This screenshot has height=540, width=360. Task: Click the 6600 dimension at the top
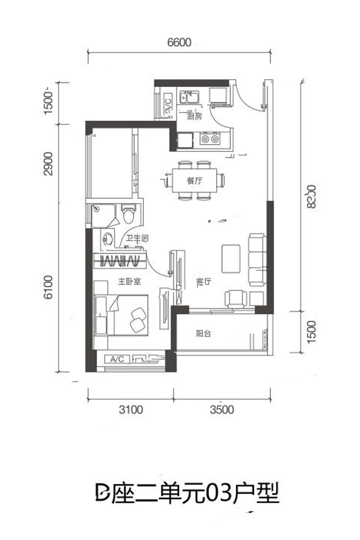click(x=179, y=42)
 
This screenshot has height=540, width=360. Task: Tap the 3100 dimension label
click(x=130, y=409)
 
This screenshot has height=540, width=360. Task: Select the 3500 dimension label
click(x=222, y=409)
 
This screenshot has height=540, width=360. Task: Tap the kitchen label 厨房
click(x=194, y=116)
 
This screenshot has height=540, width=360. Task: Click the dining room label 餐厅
click(x=194, y=181)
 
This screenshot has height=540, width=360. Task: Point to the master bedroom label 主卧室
click(x=129, y=282)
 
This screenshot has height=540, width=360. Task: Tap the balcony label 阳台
click(x=203, y=334)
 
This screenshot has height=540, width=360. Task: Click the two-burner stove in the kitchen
click(x=210, y=138)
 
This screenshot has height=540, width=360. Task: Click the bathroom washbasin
click(x=108, y=240)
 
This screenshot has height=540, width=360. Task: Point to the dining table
click(x=194, y=181)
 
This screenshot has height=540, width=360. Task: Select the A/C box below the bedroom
click(x=117, y=359)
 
